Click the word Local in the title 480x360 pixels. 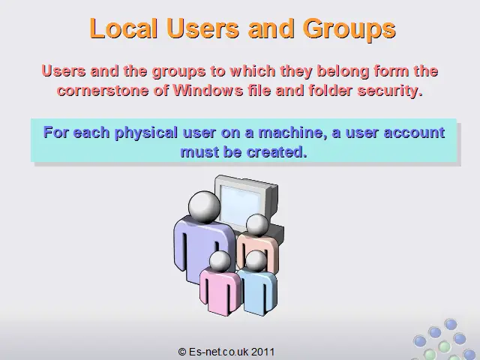coord(123,28)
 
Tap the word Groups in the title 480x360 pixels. coord(349,30)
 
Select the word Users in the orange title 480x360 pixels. coord(203,28)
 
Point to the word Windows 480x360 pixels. coord(208,90)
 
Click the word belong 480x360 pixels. coord(343,72)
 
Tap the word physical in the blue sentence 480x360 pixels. coord(146,133)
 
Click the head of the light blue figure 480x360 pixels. coord(256,261)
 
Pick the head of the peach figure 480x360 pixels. coord(257,225)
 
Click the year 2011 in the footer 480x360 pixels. coord(262,352)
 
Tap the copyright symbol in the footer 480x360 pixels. coord(182,352)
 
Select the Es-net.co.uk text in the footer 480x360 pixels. coord(219,352)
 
